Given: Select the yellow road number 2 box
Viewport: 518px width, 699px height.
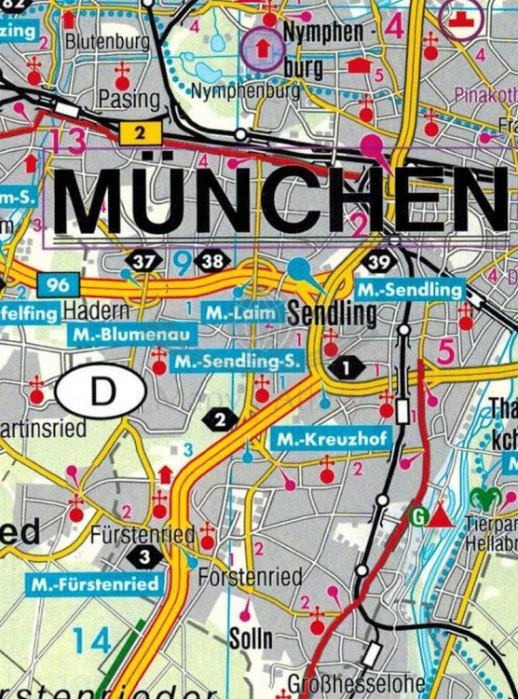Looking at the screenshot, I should coord(140,133).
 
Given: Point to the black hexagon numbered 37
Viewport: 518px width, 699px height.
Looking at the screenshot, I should coord(143,262).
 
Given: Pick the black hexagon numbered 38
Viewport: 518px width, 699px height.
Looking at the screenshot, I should coord(212,262).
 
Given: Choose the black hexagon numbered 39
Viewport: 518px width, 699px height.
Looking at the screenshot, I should coord(379,263).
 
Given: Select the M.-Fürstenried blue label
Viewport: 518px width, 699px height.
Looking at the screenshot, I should coord(95,584).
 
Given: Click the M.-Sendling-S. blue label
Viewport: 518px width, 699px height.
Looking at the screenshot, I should coord(238,360).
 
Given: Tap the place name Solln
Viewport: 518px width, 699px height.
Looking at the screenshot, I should coord(251,637).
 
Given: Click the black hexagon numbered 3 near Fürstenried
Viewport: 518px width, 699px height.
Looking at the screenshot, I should coord(143,557).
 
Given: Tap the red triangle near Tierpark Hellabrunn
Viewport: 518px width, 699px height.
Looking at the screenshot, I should coord(442,515).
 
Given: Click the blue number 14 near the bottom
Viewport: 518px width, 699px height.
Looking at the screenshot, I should coord(92,640).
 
